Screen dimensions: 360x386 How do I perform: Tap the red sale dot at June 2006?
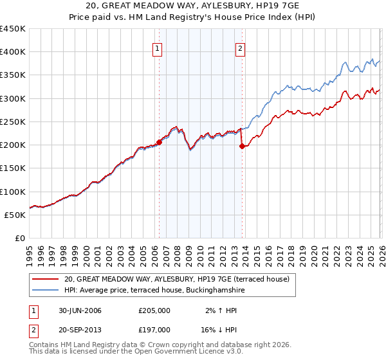(x=159, y=143)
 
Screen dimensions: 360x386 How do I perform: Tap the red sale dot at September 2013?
(x=242, y=147)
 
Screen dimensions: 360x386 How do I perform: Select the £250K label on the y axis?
(x=13, y=122)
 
